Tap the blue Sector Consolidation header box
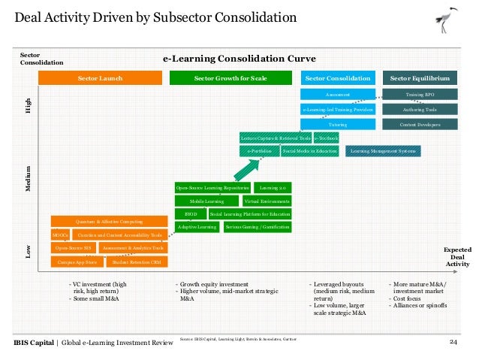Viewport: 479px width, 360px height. [x=337, y=78]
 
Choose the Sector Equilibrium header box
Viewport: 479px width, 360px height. [x=420, y=78]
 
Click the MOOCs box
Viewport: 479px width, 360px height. [x=60, y=235]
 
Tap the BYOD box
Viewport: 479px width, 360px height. [x=190, y=213]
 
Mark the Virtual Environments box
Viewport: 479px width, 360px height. [x=267, y=201]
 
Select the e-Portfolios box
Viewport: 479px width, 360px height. [x=259, y=151]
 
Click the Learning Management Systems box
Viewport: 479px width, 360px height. [x=384, y=151]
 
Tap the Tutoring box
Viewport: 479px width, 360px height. [x=337, y=124]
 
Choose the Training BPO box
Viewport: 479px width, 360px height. [x=420, y=95]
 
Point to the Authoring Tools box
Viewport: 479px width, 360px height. [x=420, y=109]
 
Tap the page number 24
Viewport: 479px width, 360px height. [x=453, y=343]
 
